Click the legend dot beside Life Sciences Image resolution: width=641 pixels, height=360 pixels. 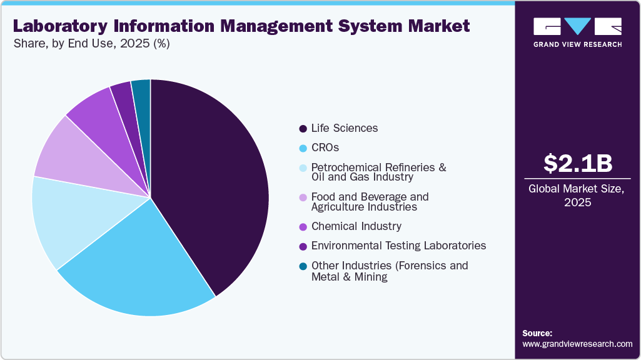(303, 128)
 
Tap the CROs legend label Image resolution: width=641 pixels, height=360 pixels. (326, 148)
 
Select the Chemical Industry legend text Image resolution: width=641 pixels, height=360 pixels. (356, 226)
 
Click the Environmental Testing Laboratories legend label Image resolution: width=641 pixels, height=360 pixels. (398, 246)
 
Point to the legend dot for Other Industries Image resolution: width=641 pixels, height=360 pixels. (303, 266)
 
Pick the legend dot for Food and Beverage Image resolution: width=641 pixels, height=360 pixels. (303, 197)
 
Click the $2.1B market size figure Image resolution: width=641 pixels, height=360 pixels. (577, 163)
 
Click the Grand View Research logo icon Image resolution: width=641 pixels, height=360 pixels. (577, 27)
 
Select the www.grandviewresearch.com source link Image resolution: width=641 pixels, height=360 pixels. (577, 344)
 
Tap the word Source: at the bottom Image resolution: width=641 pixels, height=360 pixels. (537, 333)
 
